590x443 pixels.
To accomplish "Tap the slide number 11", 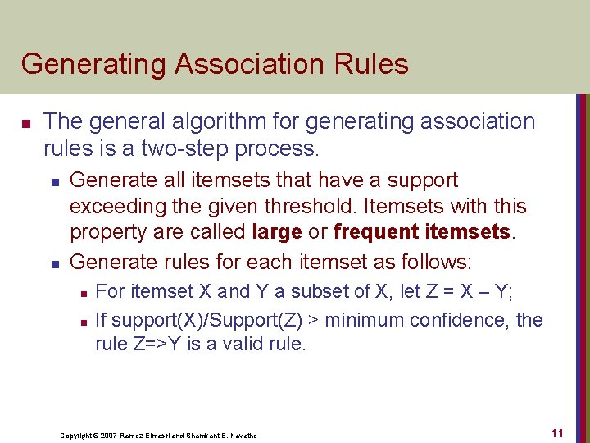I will [x=556, y=432].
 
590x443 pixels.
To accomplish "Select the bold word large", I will [x=278, y=232].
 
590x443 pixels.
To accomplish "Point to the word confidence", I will [x=460, y=319].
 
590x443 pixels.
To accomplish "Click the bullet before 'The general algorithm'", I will [x=25, y=124].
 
